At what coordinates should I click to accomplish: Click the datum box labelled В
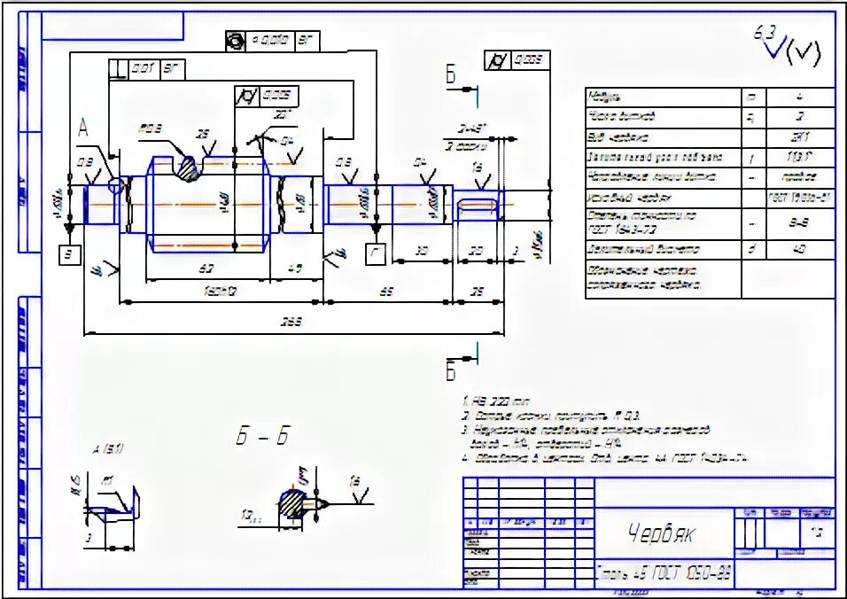coord(70,255)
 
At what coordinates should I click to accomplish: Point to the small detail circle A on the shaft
coord(114,185)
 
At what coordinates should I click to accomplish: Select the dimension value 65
coord(387,290)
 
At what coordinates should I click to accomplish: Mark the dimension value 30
coord(423,251)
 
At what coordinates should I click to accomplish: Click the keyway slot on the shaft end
coord(479,205)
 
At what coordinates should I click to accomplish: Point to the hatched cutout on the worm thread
coord(188,167)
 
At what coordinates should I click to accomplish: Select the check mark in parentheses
coord(802,53)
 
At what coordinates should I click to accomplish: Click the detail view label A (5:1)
coord(108,448)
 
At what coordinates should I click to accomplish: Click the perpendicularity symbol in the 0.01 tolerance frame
coord(117,68)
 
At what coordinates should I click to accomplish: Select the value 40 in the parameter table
coord(800,250)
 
